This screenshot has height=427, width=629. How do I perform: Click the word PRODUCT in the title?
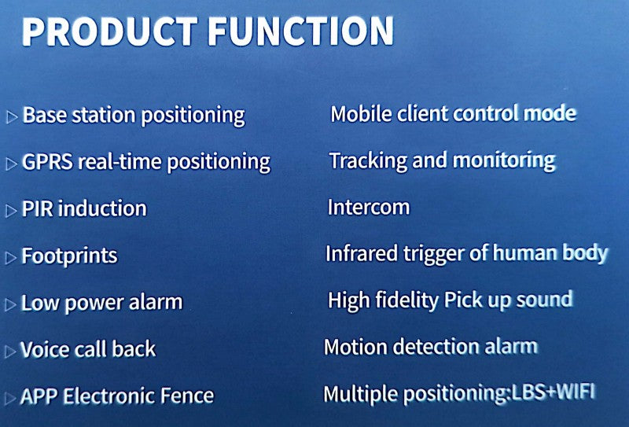click(x=109, y=31)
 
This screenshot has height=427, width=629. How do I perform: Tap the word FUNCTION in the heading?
click(x=301, y=31)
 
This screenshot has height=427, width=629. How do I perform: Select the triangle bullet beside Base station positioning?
click(x=12, y=117)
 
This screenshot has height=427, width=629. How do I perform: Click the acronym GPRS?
click(x=47, y=162)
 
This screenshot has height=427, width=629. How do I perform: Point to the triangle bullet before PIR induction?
click(x=11, y=211)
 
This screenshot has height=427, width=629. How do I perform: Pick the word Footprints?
click(x=69, y=256)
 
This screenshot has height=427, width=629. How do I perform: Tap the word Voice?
click(x=45, y=348)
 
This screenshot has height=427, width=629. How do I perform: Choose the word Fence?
click(x=186, y=396)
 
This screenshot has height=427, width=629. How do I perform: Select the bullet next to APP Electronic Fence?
click(x=10, y=398)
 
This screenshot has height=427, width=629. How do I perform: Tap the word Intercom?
click(x=369, y=208)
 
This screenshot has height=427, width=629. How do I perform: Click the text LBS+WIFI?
click(x=553, y=392)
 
